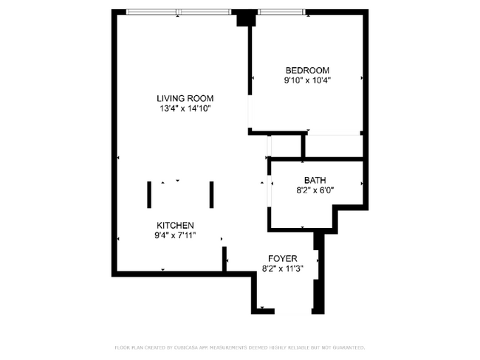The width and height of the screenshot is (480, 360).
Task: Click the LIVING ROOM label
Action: pos(185,98)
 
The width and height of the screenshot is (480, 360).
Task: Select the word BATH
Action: pos(315,180)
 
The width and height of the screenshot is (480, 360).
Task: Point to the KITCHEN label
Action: pos(175,225)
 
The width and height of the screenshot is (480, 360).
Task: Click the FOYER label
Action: pos(282,258)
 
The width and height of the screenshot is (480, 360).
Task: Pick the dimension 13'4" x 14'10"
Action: pos(185,109)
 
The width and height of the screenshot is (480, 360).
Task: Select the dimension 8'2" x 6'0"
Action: pos(315,190)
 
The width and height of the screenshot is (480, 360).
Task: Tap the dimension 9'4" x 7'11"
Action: pos(175,236)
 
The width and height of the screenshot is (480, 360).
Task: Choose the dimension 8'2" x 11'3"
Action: pos(282,269)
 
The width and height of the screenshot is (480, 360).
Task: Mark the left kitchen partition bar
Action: pos(149,194)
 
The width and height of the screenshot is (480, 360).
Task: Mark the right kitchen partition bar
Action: pos(211,194)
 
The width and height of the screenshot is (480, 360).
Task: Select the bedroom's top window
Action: pos(281,12)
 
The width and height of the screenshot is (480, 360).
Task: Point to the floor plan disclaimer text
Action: pos(239,347)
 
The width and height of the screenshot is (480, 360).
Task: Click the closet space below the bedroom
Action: pos(334,145)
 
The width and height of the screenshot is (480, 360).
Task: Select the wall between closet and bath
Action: pos(318,159)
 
